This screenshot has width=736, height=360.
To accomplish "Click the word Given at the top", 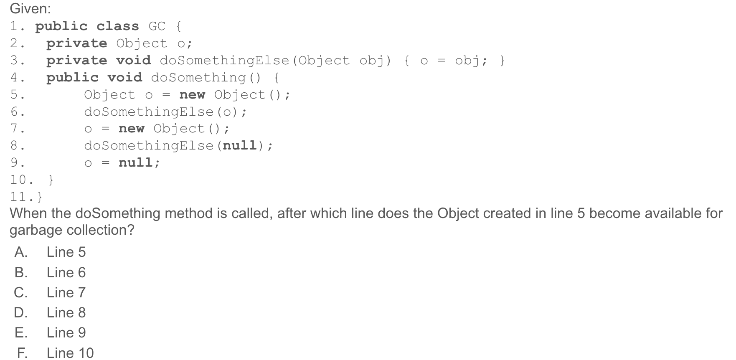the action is coord(30,9).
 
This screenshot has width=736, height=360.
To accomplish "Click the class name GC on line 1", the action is coord(157,26).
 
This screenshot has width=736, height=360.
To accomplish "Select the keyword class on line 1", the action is coord(117,26).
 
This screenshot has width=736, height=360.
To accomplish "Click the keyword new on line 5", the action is coord(192,95).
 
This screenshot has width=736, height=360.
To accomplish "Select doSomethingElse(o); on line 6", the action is coord(165,112).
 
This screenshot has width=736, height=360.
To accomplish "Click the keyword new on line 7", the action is coord(131,129).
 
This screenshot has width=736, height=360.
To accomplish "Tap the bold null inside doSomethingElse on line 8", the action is coord(240,146).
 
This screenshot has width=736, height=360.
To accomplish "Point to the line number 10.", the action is coord(18,180).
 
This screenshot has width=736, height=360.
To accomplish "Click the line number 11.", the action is coord(18,197).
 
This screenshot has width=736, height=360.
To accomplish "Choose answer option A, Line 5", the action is coord(66,252).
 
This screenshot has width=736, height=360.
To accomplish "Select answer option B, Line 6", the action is coord(66,273).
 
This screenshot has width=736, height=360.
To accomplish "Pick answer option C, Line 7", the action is coord(66,293).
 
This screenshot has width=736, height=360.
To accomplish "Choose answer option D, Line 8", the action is coord(66,313).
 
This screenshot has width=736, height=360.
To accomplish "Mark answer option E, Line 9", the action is coord(66,333).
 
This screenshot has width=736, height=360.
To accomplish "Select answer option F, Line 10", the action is coord(70,353).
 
